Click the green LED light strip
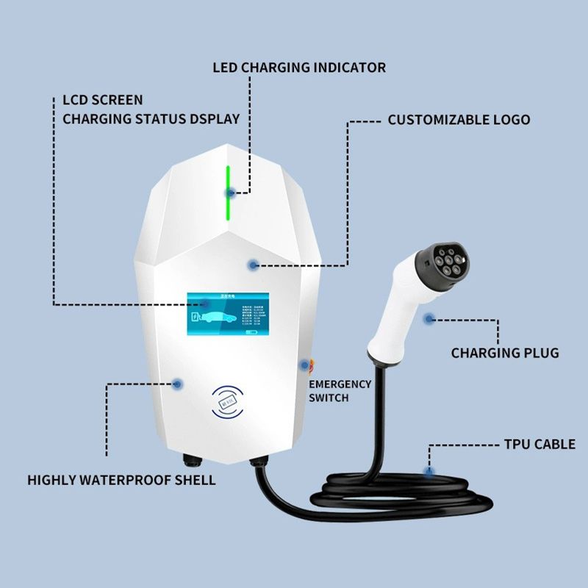229,193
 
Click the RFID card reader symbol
228,403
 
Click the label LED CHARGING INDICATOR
299,68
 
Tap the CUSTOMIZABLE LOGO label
459,120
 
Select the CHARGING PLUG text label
505,353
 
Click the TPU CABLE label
540,445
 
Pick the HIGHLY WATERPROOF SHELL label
122,480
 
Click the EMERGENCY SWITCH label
340,390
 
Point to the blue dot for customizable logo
253,264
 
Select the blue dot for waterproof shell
176,383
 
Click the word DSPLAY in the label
215,118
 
